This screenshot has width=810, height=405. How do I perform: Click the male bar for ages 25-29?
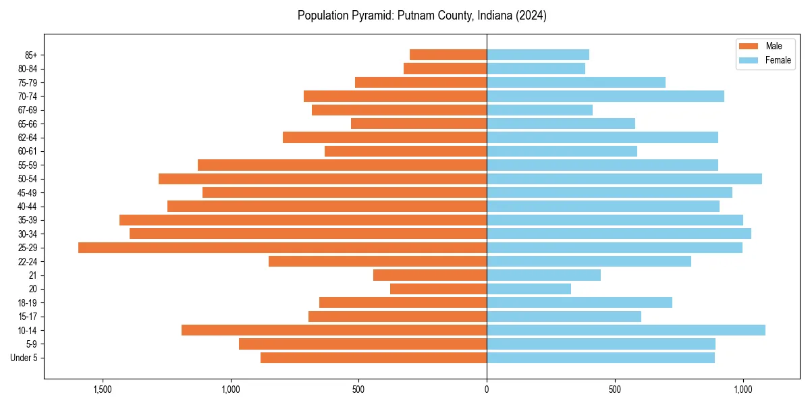[x=282, y=248]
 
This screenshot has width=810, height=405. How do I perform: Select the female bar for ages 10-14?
[x=626, y=330]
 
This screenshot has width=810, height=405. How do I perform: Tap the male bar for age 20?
[x=438, y=289]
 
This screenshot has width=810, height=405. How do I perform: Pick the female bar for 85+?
[x=537, y=55]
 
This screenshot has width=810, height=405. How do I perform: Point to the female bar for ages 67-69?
[x=539, y=110]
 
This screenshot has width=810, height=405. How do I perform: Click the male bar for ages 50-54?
[x=323, y=179]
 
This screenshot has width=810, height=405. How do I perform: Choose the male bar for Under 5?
[x=373, y=358]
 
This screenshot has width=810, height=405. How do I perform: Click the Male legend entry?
[x=774, y=46]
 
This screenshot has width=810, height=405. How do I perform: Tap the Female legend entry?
[x=778, y=60]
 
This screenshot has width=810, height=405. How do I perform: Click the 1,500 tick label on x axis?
[x=103, y=389]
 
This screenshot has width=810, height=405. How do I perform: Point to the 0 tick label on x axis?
[x=487, y=389]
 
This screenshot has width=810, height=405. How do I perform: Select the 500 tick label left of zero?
[x=358, y=389]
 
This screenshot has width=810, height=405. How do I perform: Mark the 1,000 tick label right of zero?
[x=742, y=389]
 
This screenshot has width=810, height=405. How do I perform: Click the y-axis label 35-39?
[x=28, y=220]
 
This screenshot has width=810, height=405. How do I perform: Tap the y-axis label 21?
[x=32, y=275]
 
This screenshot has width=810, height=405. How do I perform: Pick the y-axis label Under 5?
[x=24, y=358]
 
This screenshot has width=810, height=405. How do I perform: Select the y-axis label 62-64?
[x=28, y=138]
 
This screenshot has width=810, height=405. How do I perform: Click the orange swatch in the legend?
[x=749, y=46]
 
